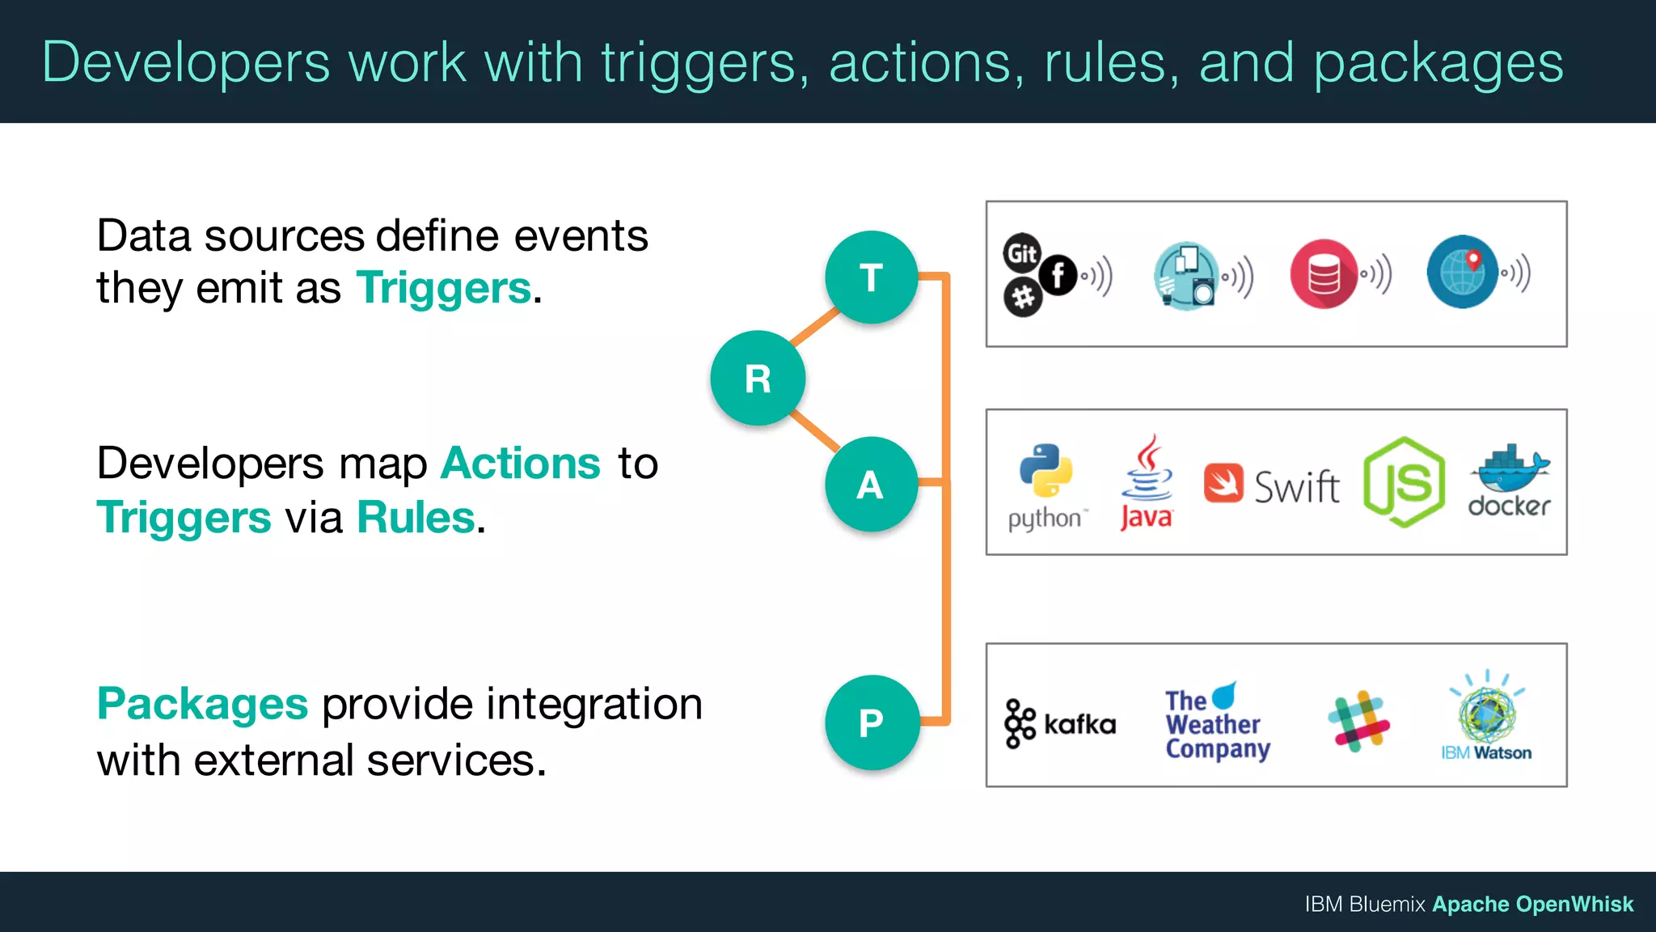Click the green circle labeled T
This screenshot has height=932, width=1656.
871,277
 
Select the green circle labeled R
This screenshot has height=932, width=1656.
758,378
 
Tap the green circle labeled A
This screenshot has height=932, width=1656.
871,485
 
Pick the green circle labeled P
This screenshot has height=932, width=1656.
872,722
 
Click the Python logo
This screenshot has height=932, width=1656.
1046,472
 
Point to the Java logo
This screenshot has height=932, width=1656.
1147,483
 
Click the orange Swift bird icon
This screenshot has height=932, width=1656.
1223,483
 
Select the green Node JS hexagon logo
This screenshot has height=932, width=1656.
1404,483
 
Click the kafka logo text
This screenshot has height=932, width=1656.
1079,723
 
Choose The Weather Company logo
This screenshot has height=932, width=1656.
1216,722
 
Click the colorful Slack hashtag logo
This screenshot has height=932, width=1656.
1358,721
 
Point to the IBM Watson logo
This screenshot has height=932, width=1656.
1486,716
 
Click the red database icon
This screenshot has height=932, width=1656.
1324,274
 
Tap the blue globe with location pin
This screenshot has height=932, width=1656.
1462,272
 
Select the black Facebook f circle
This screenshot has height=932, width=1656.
1058,274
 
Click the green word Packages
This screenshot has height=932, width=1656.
202,704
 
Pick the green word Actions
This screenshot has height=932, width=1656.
521,464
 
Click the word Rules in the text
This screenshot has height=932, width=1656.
416,518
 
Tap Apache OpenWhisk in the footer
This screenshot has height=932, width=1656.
1532,904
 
